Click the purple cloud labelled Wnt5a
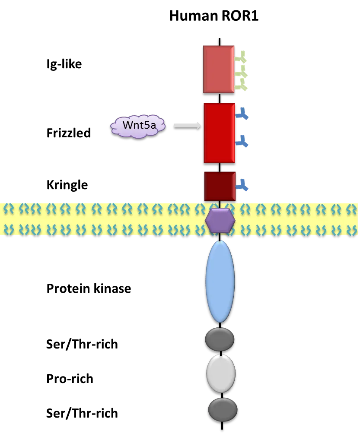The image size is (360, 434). tap(137, 126)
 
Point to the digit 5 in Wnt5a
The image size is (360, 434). tap(152, 125)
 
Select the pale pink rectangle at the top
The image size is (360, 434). tap(219, 69)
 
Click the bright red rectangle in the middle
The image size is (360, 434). tap(219, 133)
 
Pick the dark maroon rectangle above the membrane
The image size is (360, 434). tap(220, 186)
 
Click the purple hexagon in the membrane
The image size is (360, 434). tap(220, 220)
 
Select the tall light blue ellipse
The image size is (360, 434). tap(220, 281)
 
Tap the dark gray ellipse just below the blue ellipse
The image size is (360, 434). tap(220, 339)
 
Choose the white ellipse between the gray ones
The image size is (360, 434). tap(221, 374)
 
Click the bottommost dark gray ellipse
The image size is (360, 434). tap(223, 409)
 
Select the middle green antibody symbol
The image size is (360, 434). tap(242, 74)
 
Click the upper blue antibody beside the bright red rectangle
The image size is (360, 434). tap(242, 114)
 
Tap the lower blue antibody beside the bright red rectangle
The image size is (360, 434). tap(242, 141)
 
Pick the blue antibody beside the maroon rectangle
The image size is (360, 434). tap(242, 185)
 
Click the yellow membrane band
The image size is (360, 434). tap(108, 218)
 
